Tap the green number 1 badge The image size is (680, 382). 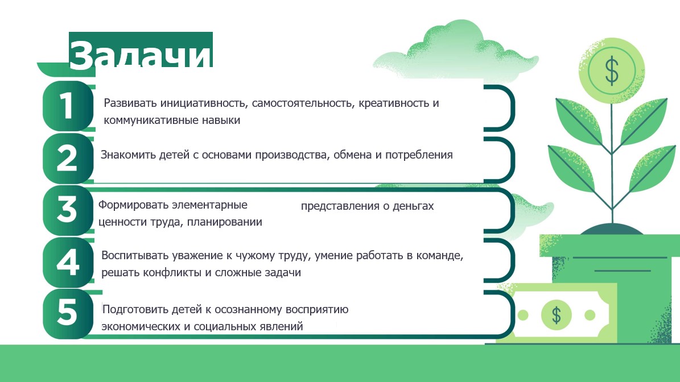(x=67, y=106)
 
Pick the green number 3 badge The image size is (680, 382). (x=67, y=210)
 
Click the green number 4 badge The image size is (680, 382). (x=67, y=262)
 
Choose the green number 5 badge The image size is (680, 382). (x=67, y=314)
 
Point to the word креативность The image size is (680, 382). (x=392, y=103)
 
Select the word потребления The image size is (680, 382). (x=418, y=155)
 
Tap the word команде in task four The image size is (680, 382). (x=439, y=256)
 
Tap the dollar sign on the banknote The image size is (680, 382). (x=557, y=314)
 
